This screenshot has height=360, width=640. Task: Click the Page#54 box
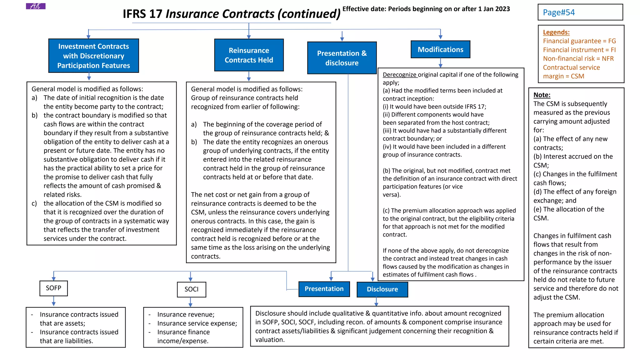[x=580, y=12]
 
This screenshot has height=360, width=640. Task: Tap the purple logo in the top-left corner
[x=36, y=6]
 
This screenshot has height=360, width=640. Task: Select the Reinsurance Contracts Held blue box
[x=249, y=55]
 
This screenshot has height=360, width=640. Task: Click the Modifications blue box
[x=440, y=49]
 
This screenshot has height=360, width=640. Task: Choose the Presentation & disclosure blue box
[x=342, y=58]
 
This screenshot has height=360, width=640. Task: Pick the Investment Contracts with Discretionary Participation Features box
[x=93, y=56]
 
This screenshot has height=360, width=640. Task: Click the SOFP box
[x=53, y=288]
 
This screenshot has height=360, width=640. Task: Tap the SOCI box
[x=191, y=289]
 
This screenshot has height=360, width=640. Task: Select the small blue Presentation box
[x=324, y=289]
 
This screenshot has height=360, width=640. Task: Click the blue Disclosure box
[x=382, y=289]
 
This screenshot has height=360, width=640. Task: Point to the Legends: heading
[x=556, y=32]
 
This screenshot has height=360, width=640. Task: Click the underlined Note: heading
[x=542, y=95]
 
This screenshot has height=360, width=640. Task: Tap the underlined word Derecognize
[x=400, y=75]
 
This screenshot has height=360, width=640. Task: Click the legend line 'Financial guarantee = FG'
[x=579, y=41]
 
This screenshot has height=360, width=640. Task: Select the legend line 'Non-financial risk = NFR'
[x=578, y=58]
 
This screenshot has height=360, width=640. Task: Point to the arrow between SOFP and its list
[x=54, y=301]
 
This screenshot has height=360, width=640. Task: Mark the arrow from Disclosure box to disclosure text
[x=376, y=302]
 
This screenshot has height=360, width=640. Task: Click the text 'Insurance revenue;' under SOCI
[x=186, y=314]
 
